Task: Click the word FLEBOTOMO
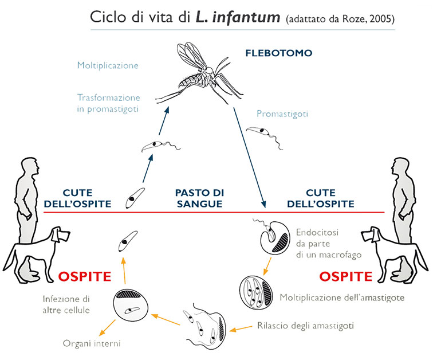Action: coord(278,53)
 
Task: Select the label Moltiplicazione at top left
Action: coord(108,65)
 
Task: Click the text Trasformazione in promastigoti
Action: coord(108,103)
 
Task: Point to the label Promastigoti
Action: coord(282,114)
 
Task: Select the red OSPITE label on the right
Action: coord(345,277)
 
